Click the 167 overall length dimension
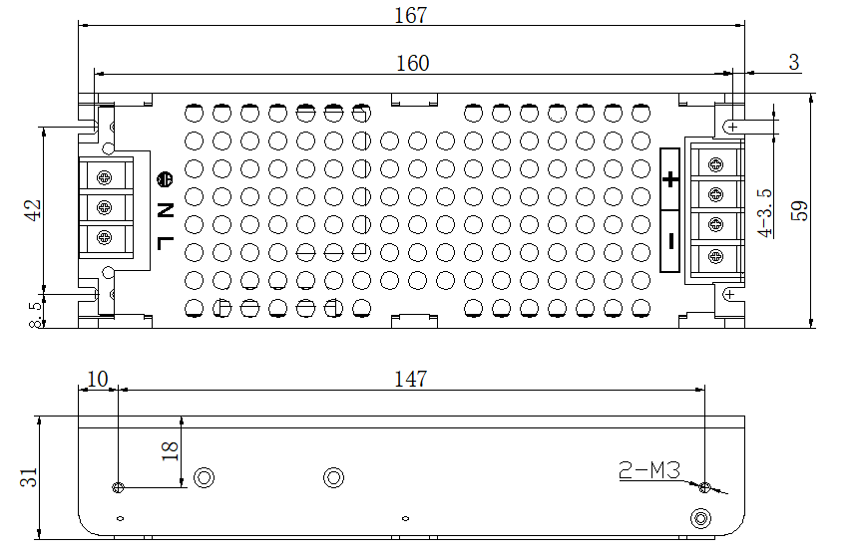click(x=410, y=15)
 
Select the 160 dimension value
click(x=413, y=64)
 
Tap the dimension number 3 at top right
click(x=794, y=63)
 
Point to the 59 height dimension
click(x=799, y=211)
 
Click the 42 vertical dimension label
click(x=33, y=210)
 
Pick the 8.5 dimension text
click(x=35, y=315)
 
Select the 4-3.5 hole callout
click(x=765, y=213)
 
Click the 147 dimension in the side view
click(x=410, y=379)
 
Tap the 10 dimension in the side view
click(x=98, y=379)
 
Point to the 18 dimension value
click(x=171, y=451)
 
